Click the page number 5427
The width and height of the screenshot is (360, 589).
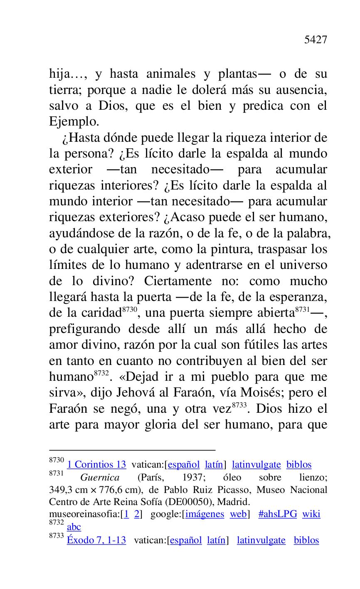pyautogui.click(x=316, y=40)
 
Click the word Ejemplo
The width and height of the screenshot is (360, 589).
pyautogui.click(x=74, y=122)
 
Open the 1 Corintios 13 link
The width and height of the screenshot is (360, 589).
pyautogui.click(x=96, y=465)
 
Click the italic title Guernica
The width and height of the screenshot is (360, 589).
pyautogui.click(x=100, y=478)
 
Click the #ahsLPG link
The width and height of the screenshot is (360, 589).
pyautogui.click(x=278, y=514)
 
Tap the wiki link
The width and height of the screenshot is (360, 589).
pyautogui.click(x=311, y=514)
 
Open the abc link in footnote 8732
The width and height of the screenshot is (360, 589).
pyautogui.click(x=74, y=527)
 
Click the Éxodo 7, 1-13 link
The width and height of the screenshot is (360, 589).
pyautogui.click(x=96, y=540)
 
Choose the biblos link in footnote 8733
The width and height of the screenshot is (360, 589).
pyautogui.click(x=306, y=540)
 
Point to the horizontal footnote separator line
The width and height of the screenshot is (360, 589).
pyautogui.click(x=132, y=450)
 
